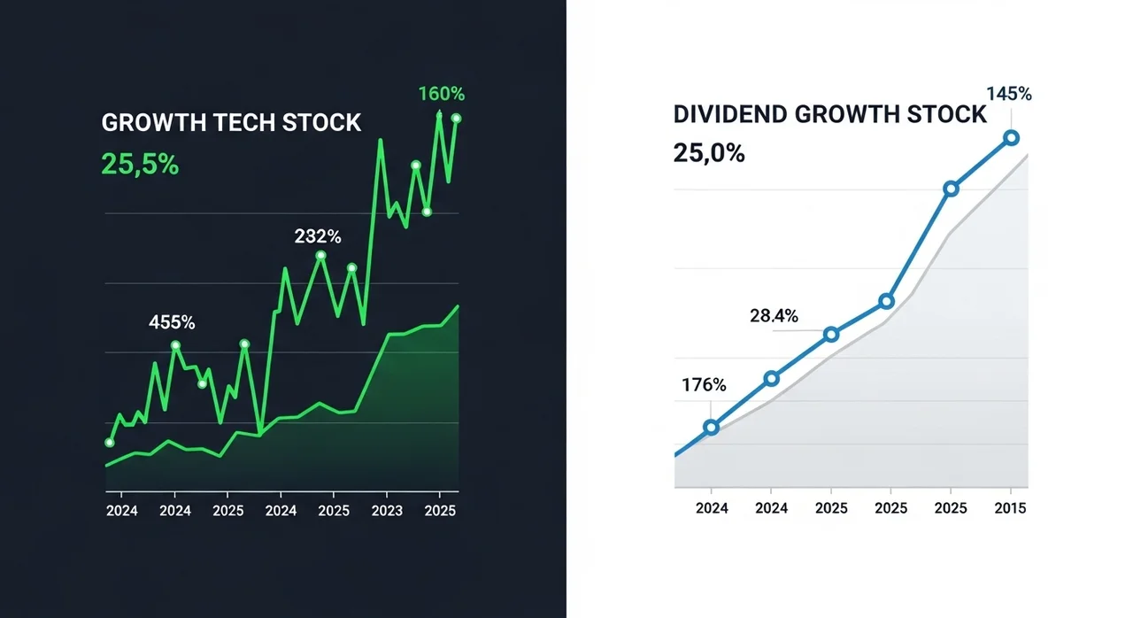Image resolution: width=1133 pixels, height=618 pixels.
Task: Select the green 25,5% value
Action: tap(140, 164)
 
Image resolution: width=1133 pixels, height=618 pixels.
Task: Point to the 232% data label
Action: tap(318, 236)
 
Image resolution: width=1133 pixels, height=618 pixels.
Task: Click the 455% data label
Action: tap(172, 322)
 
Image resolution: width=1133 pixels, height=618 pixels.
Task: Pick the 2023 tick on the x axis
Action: tap(386, 511)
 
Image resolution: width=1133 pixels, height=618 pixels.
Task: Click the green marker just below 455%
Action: tap(175, 345)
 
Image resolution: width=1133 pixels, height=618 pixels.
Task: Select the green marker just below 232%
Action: tap(320, 256)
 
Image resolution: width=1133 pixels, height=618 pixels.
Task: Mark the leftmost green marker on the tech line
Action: tap(110, 442)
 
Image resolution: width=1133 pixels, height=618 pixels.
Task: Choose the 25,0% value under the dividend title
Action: tap(708, 153)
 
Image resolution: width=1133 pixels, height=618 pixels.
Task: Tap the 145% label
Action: tap(1010, 94)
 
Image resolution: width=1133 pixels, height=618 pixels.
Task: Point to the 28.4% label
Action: tap(774, 315)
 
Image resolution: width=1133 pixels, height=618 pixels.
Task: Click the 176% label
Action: tap(704, 385)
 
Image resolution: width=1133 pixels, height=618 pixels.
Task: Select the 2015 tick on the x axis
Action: tap(1010, 507)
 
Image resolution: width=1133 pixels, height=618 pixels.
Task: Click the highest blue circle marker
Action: tap(1012, 137)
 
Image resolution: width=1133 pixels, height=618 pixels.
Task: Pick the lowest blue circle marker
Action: tap(711, 427)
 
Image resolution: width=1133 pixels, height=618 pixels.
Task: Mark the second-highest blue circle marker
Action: tap(951, 189)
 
